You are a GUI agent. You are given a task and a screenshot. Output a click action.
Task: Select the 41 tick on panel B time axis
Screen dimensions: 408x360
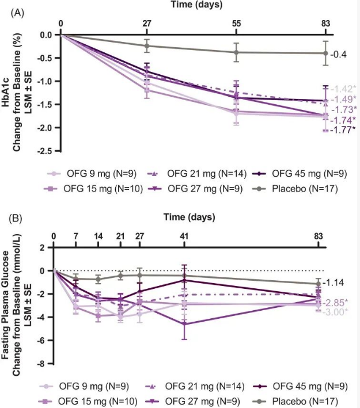coord(184,237)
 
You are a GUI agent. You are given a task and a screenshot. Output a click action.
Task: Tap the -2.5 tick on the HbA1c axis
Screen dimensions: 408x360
coord(46,151)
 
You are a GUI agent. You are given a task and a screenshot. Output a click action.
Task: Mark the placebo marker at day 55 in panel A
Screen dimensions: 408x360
coord(236,52)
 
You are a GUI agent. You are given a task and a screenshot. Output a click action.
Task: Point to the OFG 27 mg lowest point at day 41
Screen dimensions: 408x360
coord(184,324)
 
